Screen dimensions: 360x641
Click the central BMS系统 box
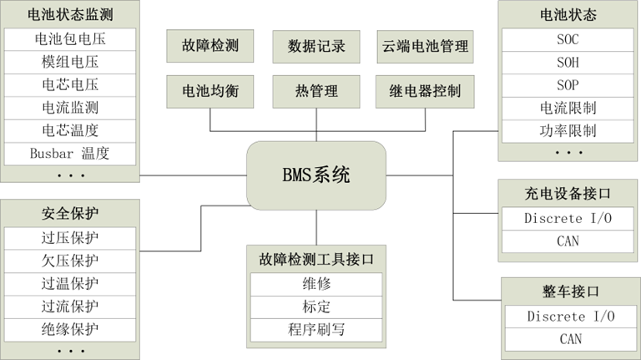[315, 175]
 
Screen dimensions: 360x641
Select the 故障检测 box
[209, 46]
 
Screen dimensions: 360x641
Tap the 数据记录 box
[316, 46]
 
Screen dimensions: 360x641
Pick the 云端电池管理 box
[424, 46]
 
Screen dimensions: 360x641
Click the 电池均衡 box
[209, 91]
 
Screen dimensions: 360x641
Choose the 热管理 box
[316, 91]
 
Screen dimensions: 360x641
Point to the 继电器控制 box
[424, 91]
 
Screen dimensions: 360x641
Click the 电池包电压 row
[69, 39]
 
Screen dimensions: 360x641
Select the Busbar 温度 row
[69, 154]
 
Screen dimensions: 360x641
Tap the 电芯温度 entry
[69, 130]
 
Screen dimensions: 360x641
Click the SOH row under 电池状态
[567, 63]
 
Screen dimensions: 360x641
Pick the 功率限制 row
[567, 131]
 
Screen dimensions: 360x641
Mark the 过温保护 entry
[69, 283]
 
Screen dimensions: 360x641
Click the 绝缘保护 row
[69, 329]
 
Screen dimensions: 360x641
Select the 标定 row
[316, 307]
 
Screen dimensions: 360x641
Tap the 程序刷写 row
[316, 329]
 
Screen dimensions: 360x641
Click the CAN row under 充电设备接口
[567, 241]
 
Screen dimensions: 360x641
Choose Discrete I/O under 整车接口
[570, 317]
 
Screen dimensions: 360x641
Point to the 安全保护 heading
[69, 212]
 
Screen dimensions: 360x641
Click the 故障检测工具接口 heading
[316, 260]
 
